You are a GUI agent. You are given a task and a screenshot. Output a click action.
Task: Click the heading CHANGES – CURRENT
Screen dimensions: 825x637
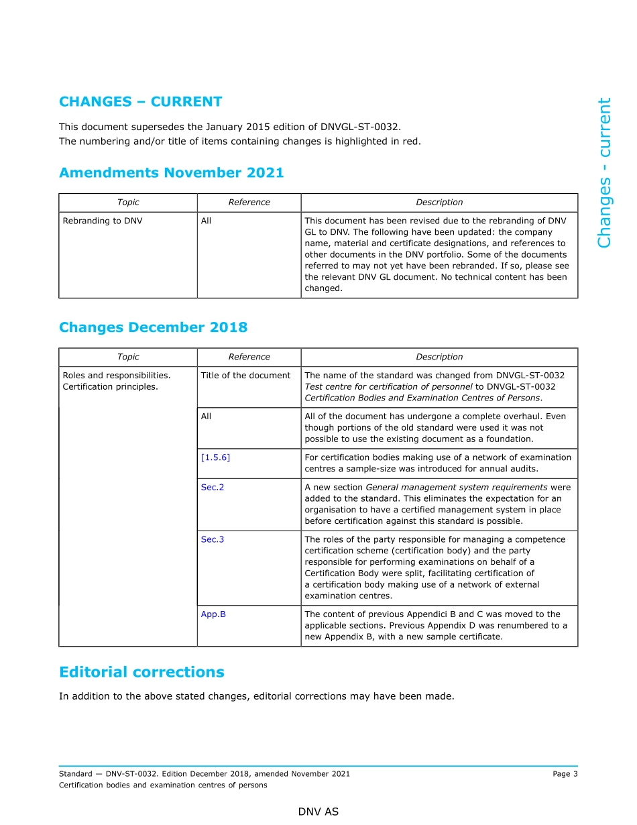coord(140,102)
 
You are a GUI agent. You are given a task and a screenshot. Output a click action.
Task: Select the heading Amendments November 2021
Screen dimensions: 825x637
coord(171,173)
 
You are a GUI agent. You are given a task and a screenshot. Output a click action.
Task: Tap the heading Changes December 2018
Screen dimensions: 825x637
coord(153,327)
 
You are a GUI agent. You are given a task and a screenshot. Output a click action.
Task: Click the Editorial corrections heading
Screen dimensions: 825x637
coord(141,672)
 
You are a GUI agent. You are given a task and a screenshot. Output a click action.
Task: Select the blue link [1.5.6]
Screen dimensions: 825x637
coord(215,457)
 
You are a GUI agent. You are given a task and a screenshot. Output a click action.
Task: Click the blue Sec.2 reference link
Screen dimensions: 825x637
coord(213,488)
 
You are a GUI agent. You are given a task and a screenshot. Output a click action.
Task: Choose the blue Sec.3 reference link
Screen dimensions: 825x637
coord(213,540)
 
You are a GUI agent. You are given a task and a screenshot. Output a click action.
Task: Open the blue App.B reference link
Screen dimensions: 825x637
coord(213,614)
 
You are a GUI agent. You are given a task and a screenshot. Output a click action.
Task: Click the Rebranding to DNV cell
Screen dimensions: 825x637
coord(103,221)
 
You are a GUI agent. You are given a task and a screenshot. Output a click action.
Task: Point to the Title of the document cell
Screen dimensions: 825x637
coord(245,376)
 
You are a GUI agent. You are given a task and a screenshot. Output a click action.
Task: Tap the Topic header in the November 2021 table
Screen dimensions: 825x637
coord(128,203)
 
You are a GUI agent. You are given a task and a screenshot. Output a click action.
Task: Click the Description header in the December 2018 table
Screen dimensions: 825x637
coord(439,357)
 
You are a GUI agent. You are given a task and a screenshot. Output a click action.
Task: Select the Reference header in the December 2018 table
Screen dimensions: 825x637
coord(249,357)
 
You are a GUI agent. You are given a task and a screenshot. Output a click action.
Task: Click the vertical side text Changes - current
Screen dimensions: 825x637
coord(604,173)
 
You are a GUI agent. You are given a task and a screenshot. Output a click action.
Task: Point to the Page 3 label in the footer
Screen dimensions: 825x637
coord(565,774)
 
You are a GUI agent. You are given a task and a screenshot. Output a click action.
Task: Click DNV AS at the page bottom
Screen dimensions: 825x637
coord(318,812)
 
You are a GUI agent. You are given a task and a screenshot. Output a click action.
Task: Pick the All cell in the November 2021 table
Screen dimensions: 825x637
coord(206,221)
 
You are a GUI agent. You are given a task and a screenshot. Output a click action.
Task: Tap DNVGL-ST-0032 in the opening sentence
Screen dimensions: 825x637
coord(365,126)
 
